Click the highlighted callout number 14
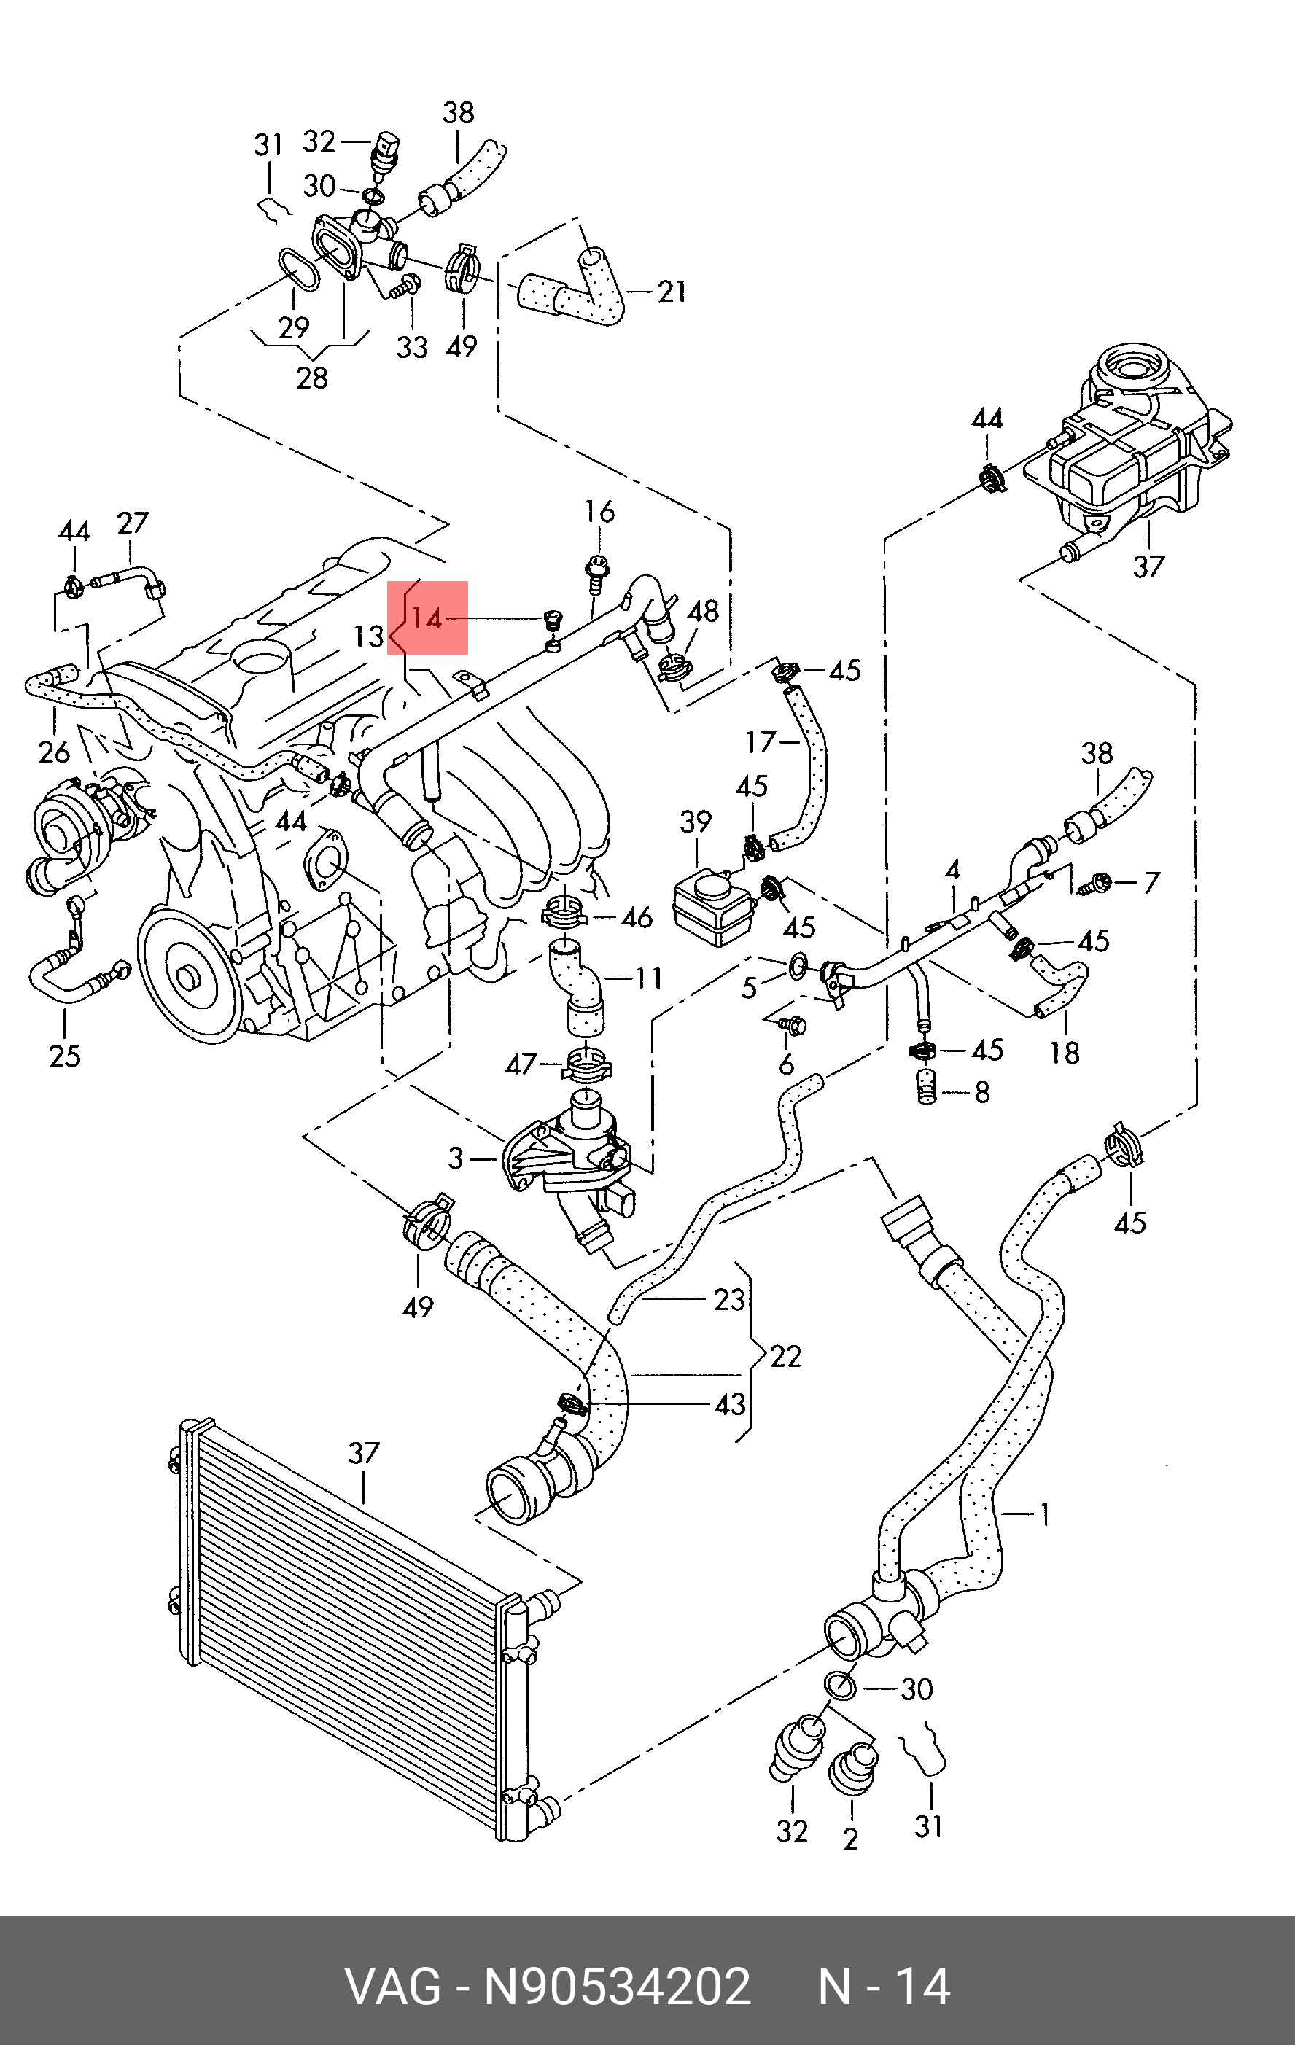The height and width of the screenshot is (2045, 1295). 427,618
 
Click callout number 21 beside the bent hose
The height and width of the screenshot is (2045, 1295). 672,292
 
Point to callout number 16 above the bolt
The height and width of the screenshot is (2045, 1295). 599,511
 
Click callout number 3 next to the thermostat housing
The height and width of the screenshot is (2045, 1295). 456,1158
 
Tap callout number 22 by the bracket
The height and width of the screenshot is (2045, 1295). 785,1355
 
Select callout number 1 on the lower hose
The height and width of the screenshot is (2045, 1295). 1044,1514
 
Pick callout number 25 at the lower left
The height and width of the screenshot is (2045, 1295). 65,1056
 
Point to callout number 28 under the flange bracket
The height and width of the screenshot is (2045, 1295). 311,377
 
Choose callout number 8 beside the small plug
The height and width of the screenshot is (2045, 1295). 981,1091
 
